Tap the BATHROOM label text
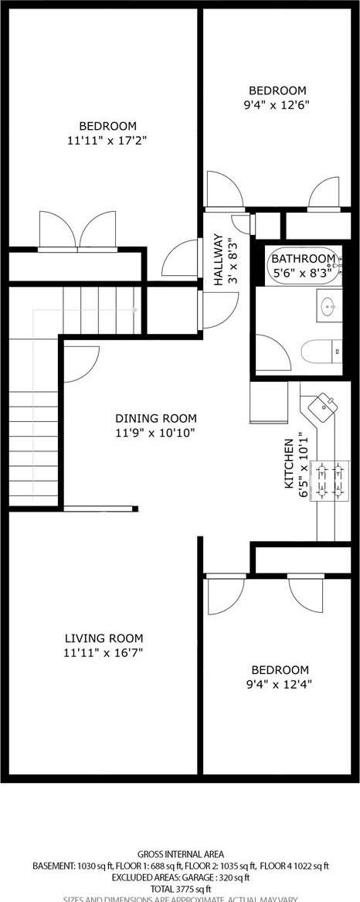click(303, 259)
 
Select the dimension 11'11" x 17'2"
click(107, 141)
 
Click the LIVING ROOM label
click(104, 638)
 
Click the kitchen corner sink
click(321, 404)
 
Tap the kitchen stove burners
click(331, 482)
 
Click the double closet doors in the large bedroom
click(77, 230)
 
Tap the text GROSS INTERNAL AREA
click(180, 854)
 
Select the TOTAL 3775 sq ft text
click(180, 889)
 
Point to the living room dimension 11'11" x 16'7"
click(104, 652)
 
